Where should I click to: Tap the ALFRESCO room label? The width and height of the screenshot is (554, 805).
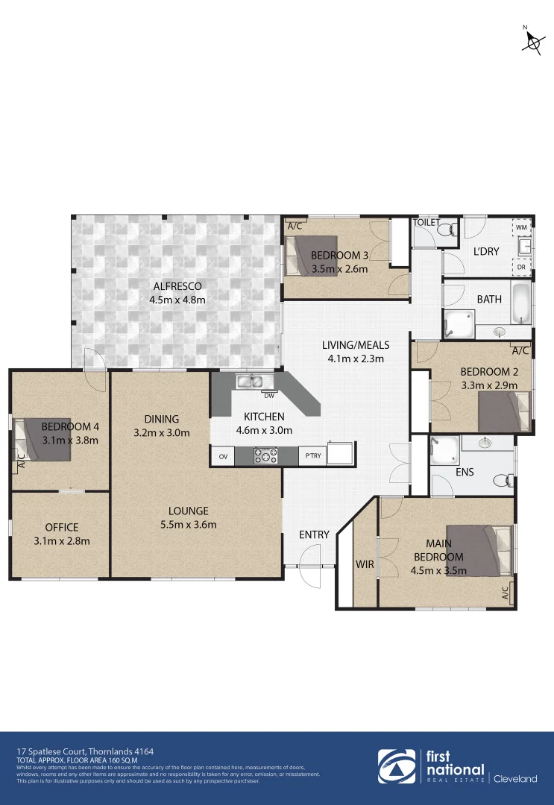coord(177,286)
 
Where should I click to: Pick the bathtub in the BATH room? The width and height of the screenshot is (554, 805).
coord(522,302)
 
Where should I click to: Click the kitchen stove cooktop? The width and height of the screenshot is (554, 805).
coord(266,455)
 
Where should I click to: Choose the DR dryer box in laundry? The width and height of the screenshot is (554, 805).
coord(521,266)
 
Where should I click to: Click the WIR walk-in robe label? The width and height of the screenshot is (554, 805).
coord(365,565)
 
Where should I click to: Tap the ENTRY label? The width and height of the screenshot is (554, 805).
coord(314,534)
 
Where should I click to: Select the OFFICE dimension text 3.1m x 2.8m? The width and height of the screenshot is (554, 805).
coord(62,541)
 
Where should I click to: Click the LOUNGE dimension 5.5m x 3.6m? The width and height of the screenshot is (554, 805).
coord(188,525)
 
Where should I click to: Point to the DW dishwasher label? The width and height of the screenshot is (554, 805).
coord(268,396)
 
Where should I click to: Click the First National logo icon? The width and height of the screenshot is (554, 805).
coord(398,768)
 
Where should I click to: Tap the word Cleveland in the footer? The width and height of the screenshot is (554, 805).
coord(514,779)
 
